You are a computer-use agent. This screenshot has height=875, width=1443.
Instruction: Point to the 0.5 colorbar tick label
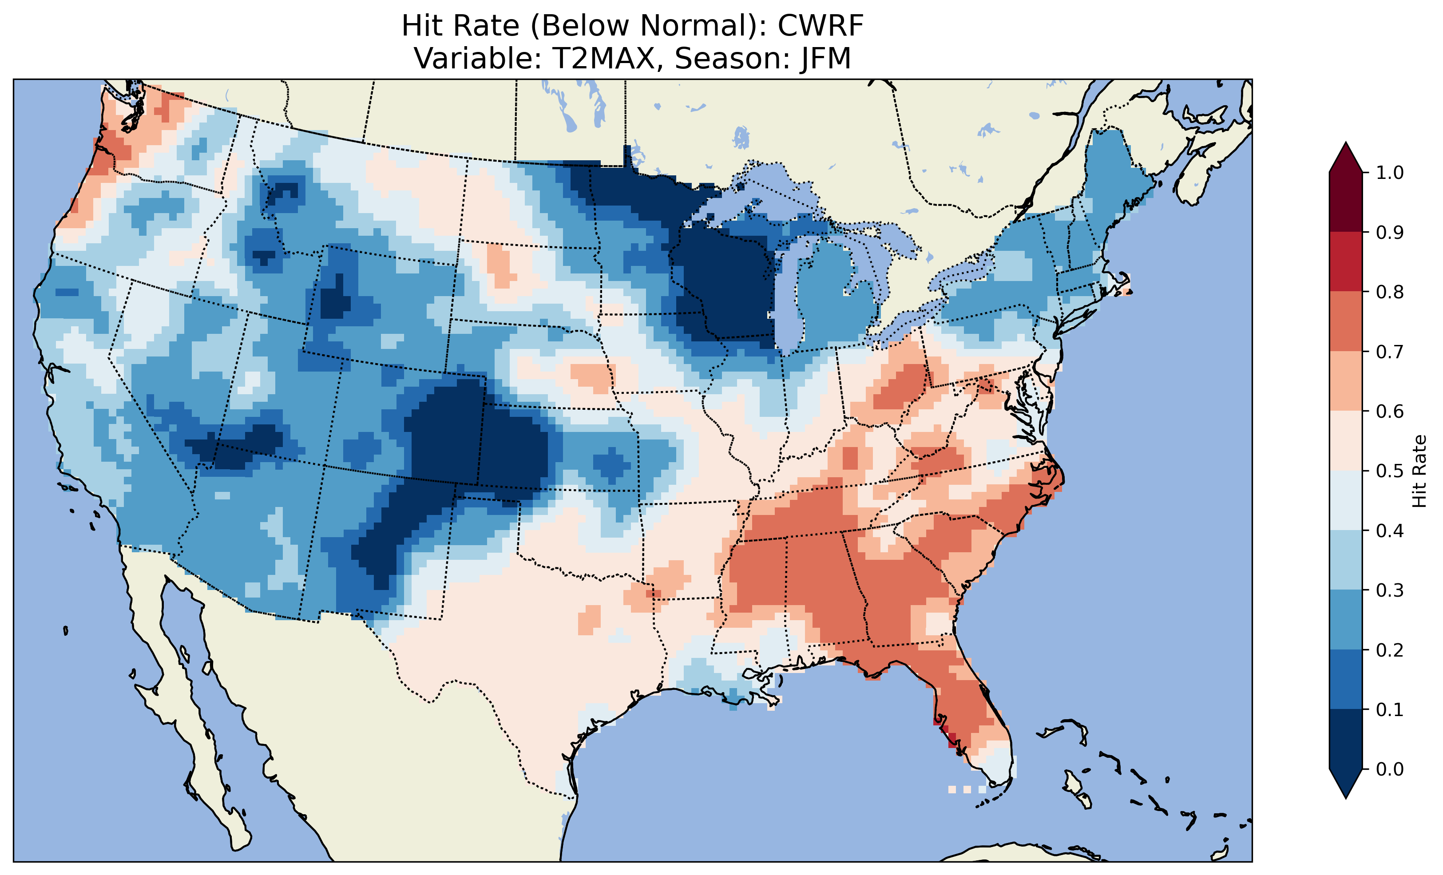pos(1390,471)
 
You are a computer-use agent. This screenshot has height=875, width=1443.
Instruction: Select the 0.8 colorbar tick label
pos(1390,292)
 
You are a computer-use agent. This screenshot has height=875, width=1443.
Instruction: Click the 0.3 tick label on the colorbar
pos(1390,590)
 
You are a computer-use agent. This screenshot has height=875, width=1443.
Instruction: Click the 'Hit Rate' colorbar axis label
pos(1419,471)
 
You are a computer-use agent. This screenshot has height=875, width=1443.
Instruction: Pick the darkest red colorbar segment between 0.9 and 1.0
pos(1346,202)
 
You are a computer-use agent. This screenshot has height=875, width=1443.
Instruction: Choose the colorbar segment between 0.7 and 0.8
pos(1346,321)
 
